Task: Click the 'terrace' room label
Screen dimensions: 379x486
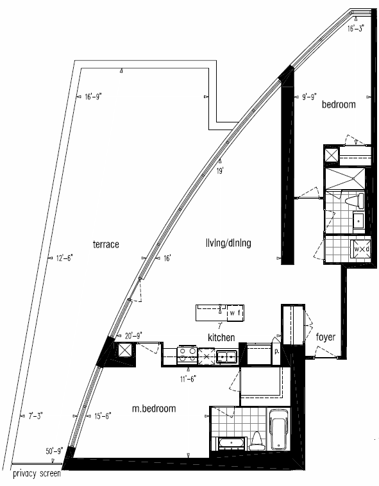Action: (106, 244)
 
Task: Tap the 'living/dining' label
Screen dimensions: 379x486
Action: (228, 243)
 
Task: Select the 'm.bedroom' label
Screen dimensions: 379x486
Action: (154, 408)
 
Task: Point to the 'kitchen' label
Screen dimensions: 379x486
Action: (221, 337)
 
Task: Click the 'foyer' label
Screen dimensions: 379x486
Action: (326, 337)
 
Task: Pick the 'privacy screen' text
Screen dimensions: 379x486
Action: (37, 474)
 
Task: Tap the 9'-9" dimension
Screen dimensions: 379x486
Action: (309, 97)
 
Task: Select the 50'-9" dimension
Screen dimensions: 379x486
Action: (55, 451)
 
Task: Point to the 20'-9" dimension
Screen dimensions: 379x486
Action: (133, 335)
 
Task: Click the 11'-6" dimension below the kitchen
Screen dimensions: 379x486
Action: (188, 379)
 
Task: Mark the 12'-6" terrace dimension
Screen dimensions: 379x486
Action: (65, 258)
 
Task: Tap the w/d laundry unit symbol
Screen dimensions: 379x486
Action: (360, 249)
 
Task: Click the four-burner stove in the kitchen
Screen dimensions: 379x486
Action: (187, 355)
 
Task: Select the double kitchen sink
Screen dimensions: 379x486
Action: (226, 356)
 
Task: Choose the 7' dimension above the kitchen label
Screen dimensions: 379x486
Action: (220, 326)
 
